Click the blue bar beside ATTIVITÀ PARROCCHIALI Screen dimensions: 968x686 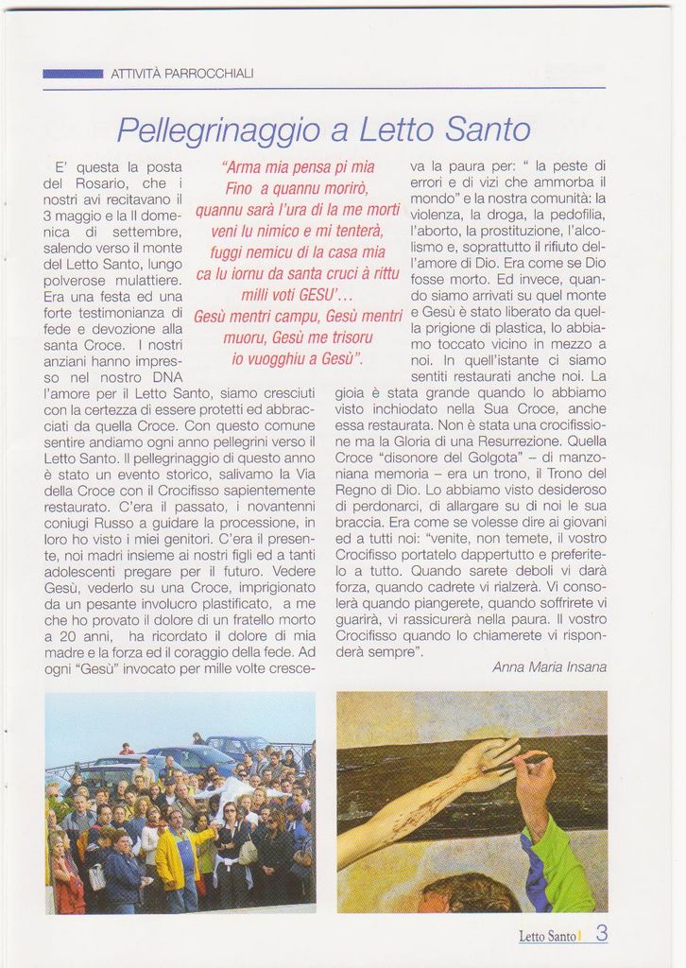coord(73,73)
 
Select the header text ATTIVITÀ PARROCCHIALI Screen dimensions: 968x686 coord(181,73)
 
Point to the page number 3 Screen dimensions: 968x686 coord(601,934)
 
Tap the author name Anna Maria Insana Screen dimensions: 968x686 coord(549,667)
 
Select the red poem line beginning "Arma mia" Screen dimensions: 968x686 coord(298,167)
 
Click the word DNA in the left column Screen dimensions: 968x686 coord(167,377)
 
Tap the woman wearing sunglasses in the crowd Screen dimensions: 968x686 coord(231,832)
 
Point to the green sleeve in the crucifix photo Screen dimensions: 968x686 coord(562,865)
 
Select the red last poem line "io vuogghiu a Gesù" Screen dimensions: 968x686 coord(298,358)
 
